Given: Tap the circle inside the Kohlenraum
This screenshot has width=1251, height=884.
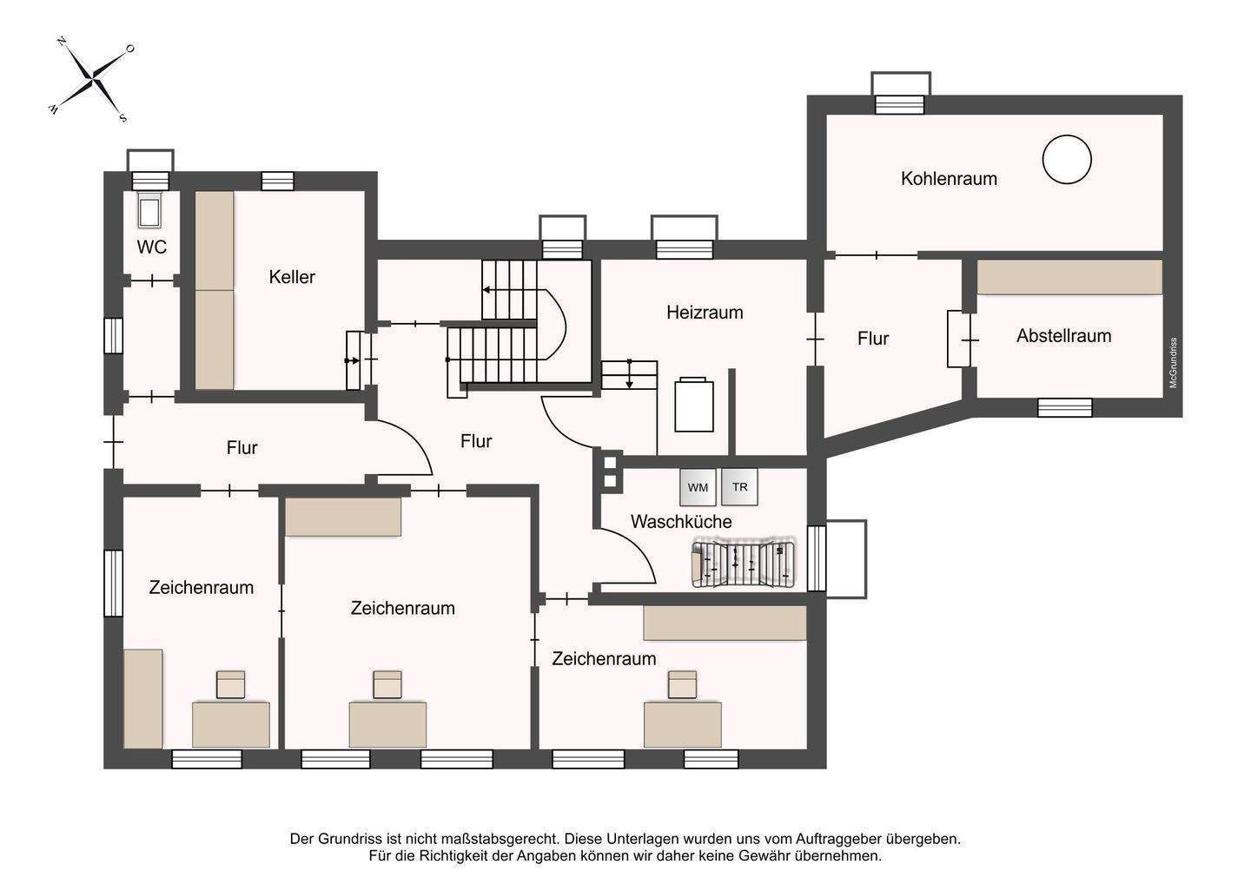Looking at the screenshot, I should coord(1066,160).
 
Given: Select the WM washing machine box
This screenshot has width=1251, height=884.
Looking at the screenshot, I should coord(698,487).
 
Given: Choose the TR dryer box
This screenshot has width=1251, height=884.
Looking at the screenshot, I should coord(739,487).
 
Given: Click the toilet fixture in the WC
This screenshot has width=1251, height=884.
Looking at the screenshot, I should coord(150,211).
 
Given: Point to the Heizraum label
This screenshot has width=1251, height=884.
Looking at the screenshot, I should coord(705,313).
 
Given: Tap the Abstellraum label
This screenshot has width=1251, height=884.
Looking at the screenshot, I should coord(1063,336).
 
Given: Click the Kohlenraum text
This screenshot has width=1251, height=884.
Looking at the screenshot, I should coord(949,179).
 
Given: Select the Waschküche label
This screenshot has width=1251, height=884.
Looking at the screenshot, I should coord(681,522).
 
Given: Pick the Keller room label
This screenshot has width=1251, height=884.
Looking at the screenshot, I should coord(292,277).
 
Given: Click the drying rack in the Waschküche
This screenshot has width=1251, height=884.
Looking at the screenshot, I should coord(744,562).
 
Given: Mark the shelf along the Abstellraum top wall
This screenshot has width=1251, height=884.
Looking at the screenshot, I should coord(1069,277).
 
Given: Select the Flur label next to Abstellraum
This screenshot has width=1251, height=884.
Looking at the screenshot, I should coord(872,339).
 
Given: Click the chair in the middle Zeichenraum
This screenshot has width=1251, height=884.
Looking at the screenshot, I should coord(387,684).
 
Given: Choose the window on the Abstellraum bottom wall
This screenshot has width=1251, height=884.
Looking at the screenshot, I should coord(1064,407).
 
